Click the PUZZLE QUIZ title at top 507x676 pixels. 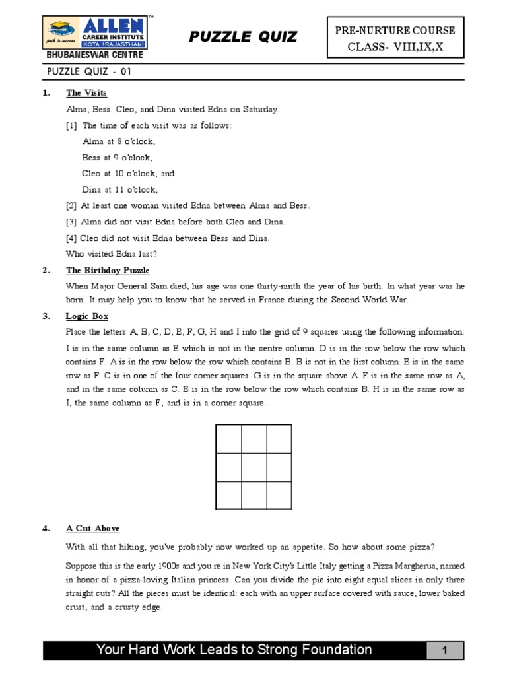(243, 37)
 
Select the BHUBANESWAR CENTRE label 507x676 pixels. (84, 55)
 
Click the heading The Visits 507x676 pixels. (86, 93)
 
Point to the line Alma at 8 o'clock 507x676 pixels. (119, 141)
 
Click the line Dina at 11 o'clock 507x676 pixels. (119, 189)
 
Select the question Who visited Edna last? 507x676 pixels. (112, 253)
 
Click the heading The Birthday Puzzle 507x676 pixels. (108, 270)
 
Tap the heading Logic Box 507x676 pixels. (86, 316)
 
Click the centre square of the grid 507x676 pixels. (253, 467)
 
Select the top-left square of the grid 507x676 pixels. (228, 439)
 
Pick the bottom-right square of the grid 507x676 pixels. (279, 496)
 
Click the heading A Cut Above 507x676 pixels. (92, 529)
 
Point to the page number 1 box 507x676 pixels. (444, 650)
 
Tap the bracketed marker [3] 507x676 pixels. (71, 222)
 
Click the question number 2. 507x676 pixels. (46, 270)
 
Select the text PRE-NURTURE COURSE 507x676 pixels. (395, 30)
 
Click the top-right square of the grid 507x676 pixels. (279, 439)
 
